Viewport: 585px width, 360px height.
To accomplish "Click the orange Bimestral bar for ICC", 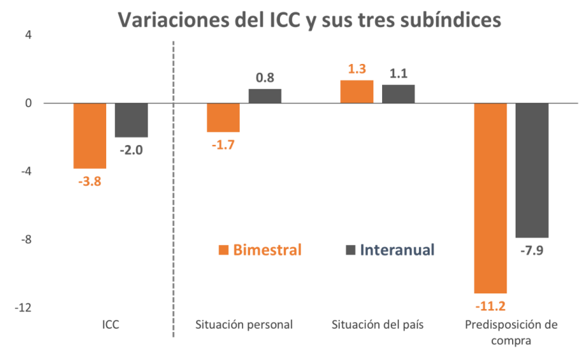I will coord(90,135).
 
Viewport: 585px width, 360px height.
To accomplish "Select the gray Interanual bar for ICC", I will coord(131,120).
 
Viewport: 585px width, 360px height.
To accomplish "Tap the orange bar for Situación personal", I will coord(223,117).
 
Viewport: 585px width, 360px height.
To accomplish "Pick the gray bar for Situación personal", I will coord(265,96).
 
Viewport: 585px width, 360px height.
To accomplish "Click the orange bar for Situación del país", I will coord(357,92).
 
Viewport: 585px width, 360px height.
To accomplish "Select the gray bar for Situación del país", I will coord(398,94).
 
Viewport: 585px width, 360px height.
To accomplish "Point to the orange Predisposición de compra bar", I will coord(490,197).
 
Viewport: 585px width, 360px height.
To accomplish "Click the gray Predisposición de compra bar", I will coord(532,170).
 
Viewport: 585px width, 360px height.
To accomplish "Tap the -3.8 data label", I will coord(90,182).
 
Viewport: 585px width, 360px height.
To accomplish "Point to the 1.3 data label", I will coord(357,69).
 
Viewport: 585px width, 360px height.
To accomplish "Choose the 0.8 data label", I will coord(265,78).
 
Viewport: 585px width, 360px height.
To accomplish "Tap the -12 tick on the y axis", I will coord(25,308).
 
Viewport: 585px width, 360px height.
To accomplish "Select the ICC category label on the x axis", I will coord(110,325).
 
